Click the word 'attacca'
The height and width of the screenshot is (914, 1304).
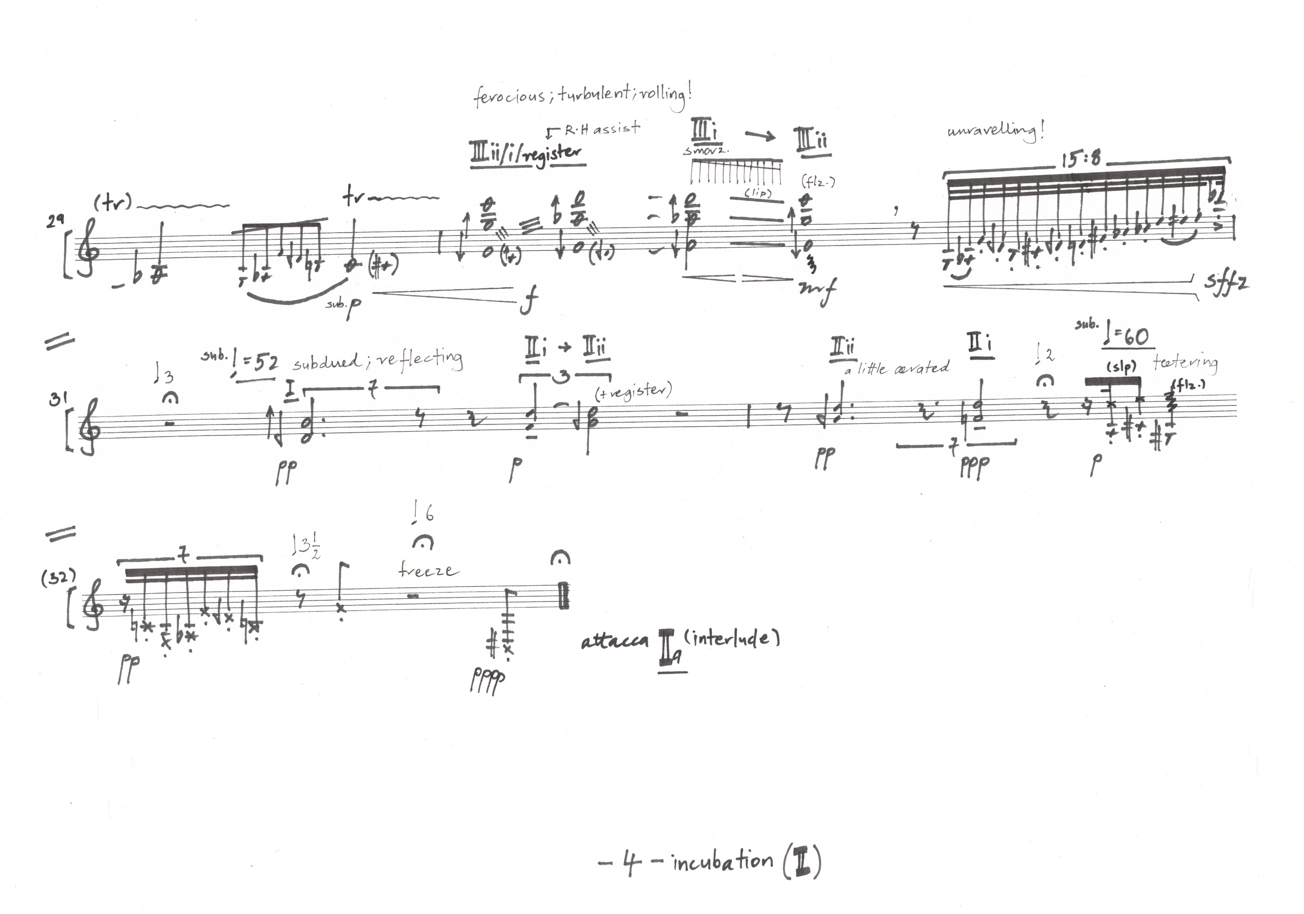pyautogui.click(x=614, y=641)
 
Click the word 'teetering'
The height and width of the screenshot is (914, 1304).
pyautogui.click(x=1185, y=363)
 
